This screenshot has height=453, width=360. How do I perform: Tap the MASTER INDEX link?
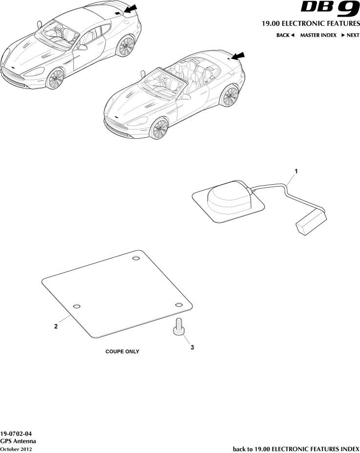[318, 35]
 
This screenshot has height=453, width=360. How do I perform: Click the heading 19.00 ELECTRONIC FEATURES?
[310, 23]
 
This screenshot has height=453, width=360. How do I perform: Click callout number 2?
[56, 326]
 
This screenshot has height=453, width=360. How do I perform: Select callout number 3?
[192, 347]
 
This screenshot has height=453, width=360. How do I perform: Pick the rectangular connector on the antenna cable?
[311, 220]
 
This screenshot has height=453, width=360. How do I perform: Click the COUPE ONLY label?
[122, 351]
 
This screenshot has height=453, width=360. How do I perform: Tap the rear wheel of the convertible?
[230, 96]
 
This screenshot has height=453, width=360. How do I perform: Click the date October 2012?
[17, 449]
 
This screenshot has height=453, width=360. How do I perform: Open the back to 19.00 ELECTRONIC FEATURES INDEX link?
[296, 449]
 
